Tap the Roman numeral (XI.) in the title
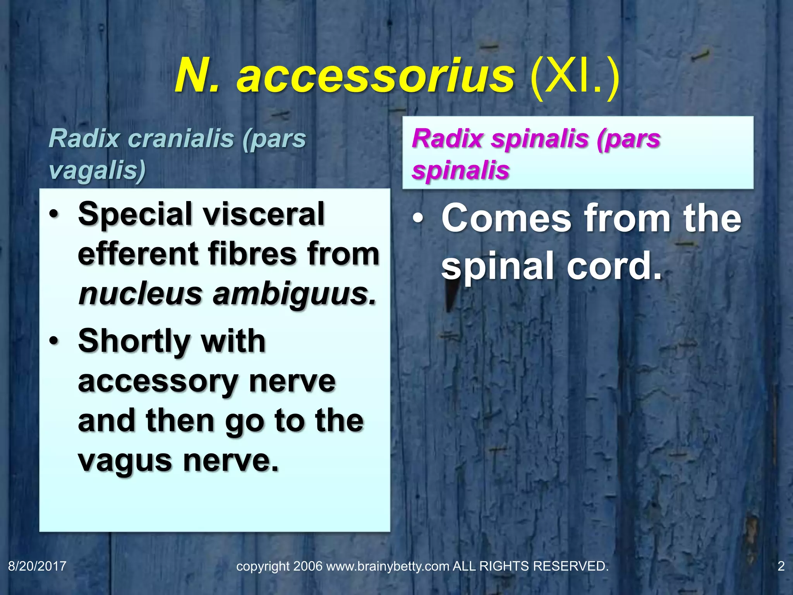pos(574,77)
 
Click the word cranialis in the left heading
pos(181,138)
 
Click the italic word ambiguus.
pos(294,294)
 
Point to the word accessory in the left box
pos(158,382)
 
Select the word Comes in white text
pos(506,219)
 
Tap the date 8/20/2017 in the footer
pos(37,566)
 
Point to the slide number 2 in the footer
pos(781,566)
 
